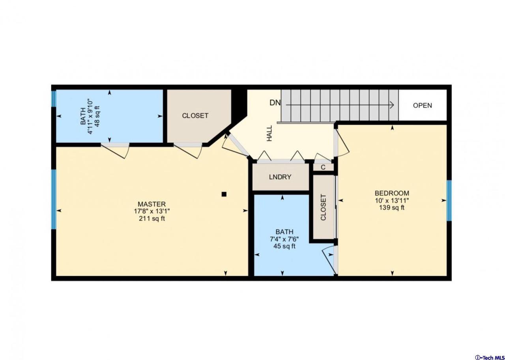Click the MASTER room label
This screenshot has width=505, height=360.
click(151, 204)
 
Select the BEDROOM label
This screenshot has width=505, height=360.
click(392, 193)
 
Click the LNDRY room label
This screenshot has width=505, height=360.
click(280, 177)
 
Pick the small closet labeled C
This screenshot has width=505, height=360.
click(323, 167)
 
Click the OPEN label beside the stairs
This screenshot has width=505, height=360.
click(422, 105)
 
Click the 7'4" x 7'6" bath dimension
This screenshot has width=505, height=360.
click(284, 239)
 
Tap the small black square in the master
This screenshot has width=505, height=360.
click(224, 194)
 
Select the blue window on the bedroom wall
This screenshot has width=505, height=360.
click(449, 200)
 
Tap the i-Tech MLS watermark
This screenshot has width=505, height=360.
click(489, 357)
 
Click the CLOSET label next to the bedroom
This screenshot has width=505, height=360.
click(324, 207)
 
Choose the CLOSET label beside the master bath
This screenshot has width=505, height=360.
click(195, 116)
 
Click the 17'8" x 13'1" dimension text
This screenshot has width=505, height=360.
click(151, 211)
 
